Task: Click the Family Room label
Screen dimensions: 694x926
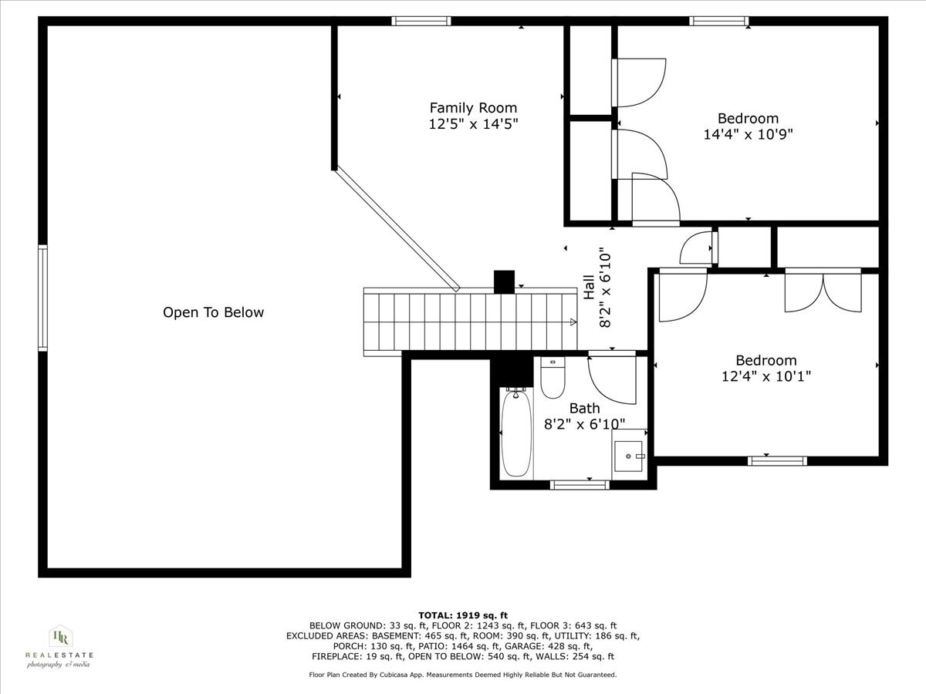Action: pyautogui.click(x=473, y=108)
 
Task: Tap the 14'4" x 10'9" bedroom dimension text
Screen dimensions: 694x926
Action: pyautogui.click(x=748, y=134)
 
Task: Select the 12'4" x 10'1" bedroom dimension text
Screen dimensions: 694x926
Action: pyautogui.click(x=765, y=376)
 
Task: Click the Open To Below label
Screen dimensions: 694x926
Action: pyautogui.click(x=213, y=312)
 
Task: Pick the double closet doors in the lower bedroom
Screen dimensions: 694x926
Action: pyautogui.click(x=823, y=291)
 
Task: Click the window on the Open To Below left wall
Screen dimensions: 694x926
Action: pyautogui.click(x=42, y=298)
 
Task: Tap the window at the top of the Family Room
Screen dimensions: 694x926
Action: pyautogui.click(x=421, y=22)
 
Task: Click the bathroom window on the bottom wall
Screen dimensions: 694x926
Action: pyautogui.click(x=580, y=485)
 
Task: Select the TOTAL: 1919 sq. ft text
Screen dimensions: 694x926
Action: pyautogui.click(x=463, y=614)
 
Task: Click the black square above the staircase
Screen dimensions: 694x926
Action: pyautogui.click(x=504, y=281)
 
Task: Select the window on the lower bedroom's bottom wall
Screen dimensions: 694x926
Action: pyautogui.click(x=777, y=461)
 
